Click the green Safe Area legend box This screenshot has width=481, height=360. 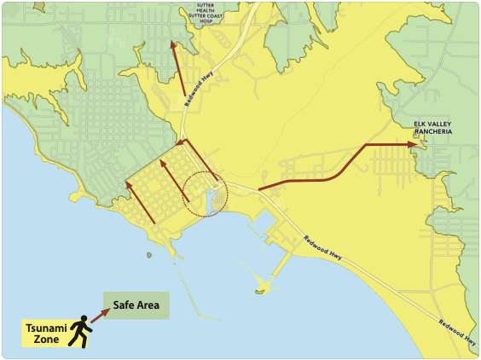click(x=136, y=305)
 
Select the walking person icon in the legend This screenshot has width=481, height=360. click(x=81, y=332)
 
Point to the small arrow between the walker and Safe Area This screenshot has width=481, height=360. click(x=101, y=316)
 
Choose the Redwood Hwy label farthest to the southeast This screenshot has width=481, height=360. click(x=455, y=334)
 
